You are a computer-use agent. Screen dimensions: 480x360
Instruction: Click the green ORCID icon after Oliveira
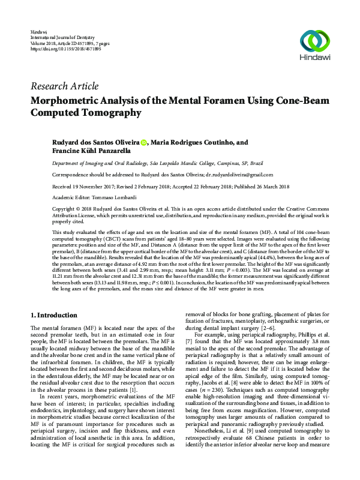[143, 143]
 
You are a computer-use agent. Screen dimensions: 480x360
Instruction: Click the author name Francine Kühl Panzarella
[91, 152]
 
